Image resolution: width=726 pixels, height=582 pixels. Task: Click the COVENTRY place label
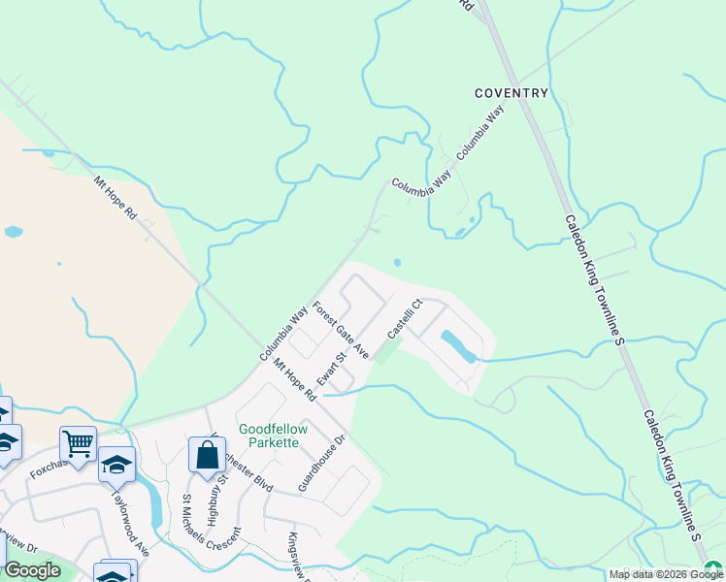511,93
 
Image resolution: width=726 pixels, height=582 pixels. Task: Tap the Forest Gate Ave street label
341,331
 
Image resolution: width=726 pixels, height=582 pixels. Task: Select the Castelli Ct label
405,318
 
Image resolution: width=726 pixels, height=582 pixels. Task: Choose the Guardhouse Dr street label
322,463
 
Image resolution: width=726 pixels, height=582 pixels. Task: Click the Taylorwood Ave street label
128,521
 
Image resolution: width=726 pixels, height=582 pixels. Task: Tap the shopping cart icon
78,443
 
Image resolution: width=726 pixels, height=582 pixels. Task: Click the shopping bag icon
208,455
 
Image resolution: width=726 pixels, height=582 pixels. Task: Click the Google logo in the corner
31,570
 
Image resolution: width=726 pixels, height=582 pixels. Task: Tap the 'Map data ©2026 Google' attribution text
665,574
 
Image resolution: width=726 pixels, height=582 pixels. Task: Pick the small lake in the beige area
13,232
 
